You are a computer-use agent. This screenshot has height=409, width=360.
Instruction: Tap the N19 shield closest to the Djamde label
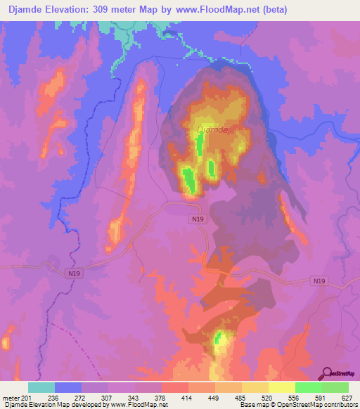[198, 219]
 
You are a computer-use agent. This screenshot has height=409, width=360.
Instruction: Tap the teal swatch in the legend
[41, 387]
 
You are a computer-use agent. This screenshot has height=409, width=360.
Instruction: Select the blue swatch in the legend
[68, 387]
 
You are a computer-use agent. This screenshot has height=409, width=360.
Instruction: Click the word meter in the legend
[10, 397]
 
